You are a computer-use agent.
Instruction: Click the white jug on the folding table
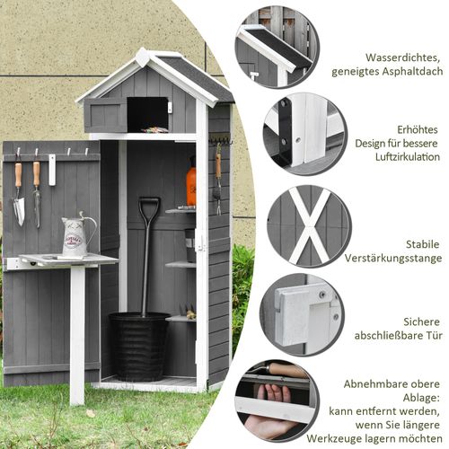75,235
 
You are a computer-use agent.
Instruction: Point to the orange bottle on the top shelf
190,184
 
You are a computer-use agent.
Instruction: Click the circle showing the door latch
301,314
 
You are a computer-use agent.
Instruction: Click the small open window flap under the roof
107,114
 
